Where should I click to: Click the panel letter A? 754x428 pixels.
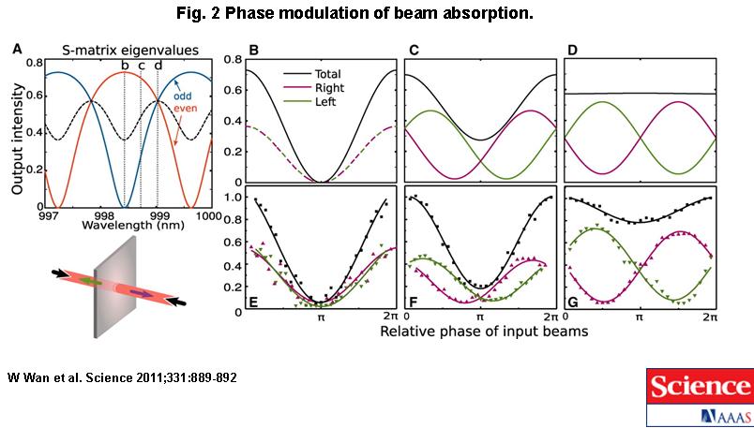[x=17, y=49]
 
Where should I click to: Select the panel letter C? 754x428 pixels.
[x=413, y=49]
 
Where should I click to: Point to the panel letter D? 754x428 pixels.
[x=573, y=49]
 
